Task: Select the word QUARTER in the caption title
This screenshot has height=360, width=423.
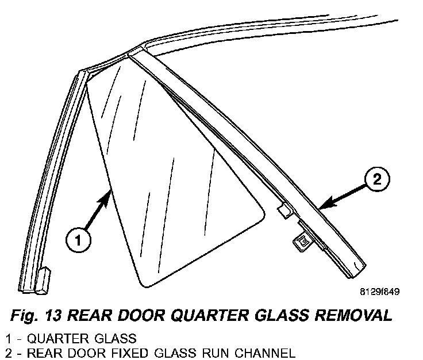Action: [201, 315]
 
